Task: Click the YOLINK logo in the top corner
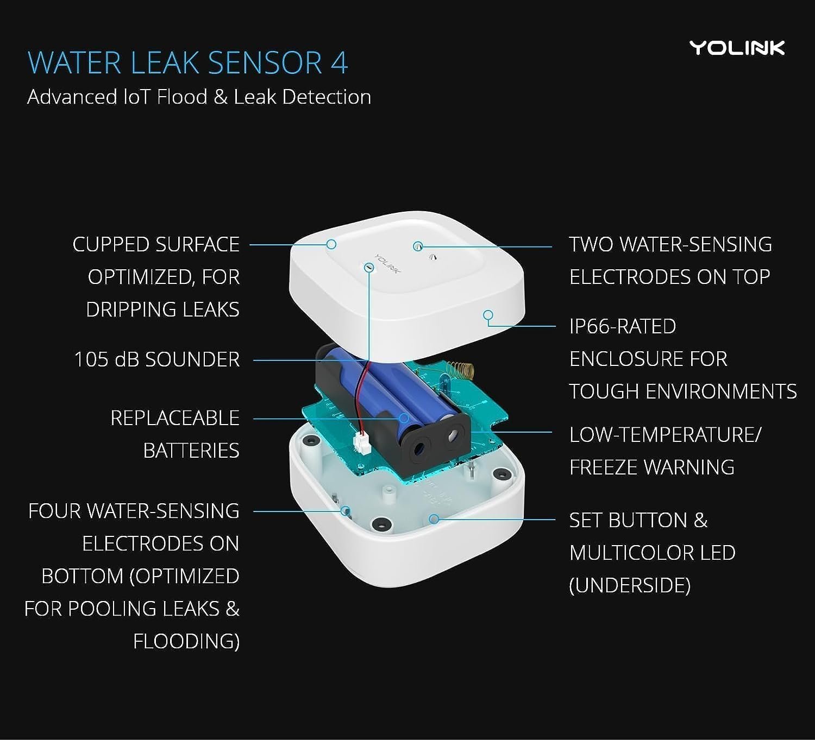[x=737, y=48]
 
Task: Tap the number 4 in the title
[x=339, y=63]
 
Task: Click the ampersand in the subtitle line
[x=220, y=97]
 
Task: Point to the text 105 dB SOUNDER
[x=157, y=359]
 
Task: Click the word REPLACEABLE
[x=175, y=418]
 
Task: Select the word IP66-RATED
[x=623, y=326]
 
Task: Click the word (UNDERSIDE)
[x=630, y=585]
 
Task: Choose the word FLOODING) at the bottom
[x=186, y=641]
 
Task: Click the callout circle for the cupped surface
[x=331, y=244]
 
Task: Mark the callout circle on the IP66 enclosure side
[x=488, y=315]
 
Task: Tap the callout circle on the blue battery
[x=404, y=418]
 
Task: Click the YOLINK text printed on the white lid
[x=387, y=264]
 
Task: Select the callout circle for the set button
[x=434, y=518]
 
